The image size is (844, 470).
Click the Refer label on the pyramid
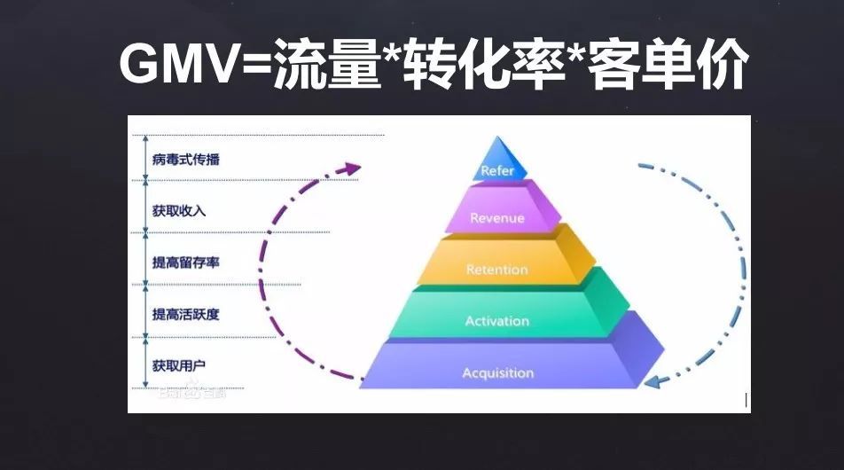tap(496, 170)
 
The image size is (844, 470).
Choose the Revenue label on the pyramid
tap(496, 218)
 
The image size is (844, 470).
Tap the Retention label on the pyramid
tap(496, 270)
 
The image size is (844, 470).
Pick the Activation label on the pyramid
tap(496, 321)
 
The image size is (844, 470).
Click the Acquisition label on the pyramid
tap(497, 373)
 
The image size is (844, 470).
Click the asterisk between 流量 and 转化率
tap(390, 55)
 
